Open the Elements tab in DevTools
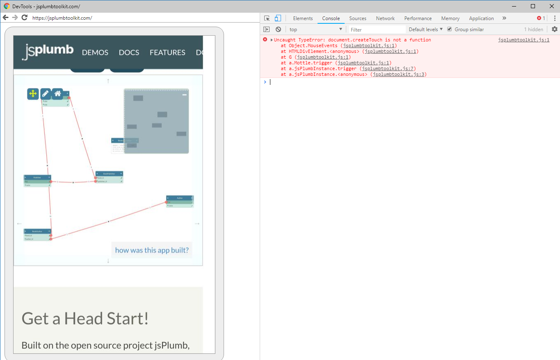(x=303, y=18)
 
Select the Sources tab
(x=357, y=18)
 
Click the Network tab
(x=385, y=18)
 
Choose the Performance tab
(x=418, y=18)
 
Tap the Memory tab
(x=450, y=18)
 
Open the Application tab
(x=481, y=18)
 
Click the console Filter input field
(x=377, y=30)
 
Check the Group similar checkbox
(x=450, y=29)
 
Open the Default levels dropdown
(x=426, y=30)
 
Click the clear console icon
(x=278, y=30)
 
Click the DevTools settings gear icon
(x=554, y=30)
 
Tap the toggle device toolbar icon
(x=278, y=18)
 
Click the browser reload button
(x=24, y=18)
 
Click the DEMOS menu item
(x=95, y=52)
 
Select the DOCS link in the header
(x=129, y=52)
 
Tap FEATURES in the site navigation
(x=167, y=52)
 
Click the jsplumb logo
(x=48, y=51)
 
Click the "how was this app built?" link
(x=152, y=250)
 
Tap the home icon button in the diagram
(x=57, y=94)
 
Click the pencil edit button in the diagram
(x=46, y=94)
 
